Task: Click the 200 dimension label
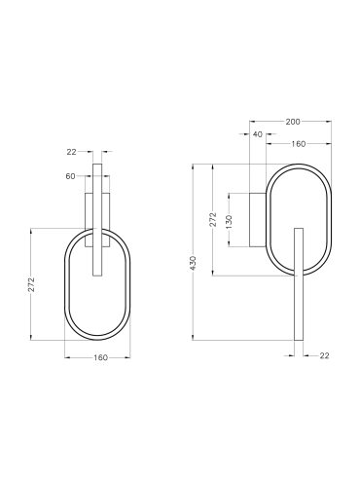[x=293, y=122]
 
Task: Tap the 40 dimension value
[x=257, y=134]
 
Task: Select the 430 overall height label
[x=193, y=263]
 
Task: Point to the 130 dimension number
[x=229, y=221]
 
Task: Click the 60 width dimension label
[x=70, y=176]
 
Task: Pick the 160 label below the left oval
[x=100, y=357]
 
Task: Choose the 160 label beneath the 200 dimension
[x=298, y=144]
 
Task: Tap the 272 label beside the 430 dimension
[x=213, y=220]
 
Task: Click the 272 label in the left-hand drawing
[x=31, y=284]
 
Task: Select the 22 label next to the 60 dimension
[x=71, y=152]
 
